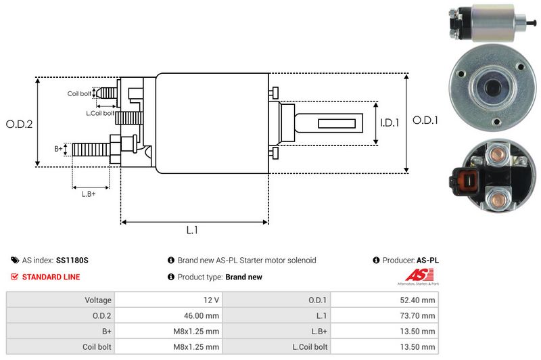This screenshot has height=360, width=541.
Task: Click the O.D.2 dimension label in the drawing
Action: click(x=20, y=124)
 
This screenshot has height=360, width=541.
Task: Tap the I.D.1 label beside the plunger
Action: click(x=390, y=123)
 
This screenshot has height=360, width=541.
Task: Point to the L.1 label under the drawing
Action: click(x=192, y=230)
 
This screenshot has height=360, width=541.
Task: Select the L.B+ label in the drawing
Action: click(x=89, y=195)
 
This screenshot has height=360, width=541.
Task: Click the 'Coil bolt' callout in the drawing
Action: click(x=79, y=93)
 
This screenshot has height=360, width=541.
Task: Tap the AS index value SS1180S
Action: click(x=73, y=260)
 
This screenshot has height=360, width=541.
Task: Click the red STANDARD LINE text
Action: click(x=51, y=277)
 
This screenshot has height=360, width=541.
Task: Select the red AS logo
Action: click(x=413, y=275)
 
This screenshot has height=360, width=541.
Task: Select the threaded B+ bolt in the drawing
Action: click(x=91, y=149)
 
